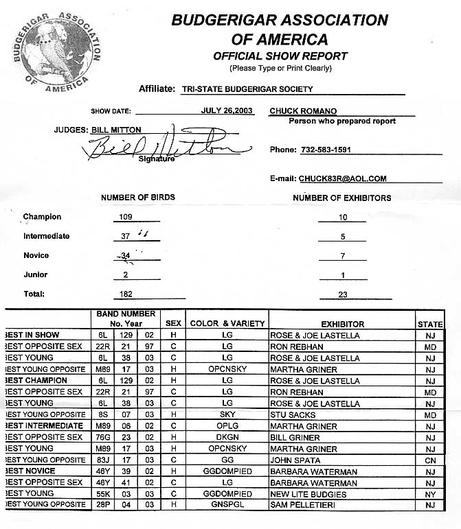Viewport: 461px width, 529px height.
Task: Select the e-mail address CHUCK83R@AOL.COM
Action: coord(342,178)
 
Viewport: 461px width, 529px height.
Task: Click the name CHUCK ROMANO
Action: coord(299,110)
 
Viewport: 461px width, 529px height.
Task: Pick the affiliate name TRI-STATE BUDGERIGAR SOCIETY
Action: coord(247,89)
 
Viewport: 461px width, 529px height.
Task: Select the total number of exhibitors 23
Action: coord(343,294)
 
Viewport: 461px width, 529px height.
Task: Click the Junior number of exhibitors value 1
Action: coord(343,274)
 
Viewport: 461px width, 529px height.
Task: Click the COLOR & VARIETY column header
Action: coord(227,324)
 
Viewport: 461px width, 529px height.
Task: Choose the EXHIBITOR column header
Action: coord(342,324)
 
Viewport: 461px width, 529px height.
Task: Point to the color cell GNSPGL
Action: coord(227,506)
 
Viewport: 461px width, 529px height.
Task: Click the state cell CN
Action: coord(430,460)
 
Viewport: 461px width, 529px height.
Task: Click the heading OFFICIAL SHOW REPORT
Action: coord(280,56)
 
